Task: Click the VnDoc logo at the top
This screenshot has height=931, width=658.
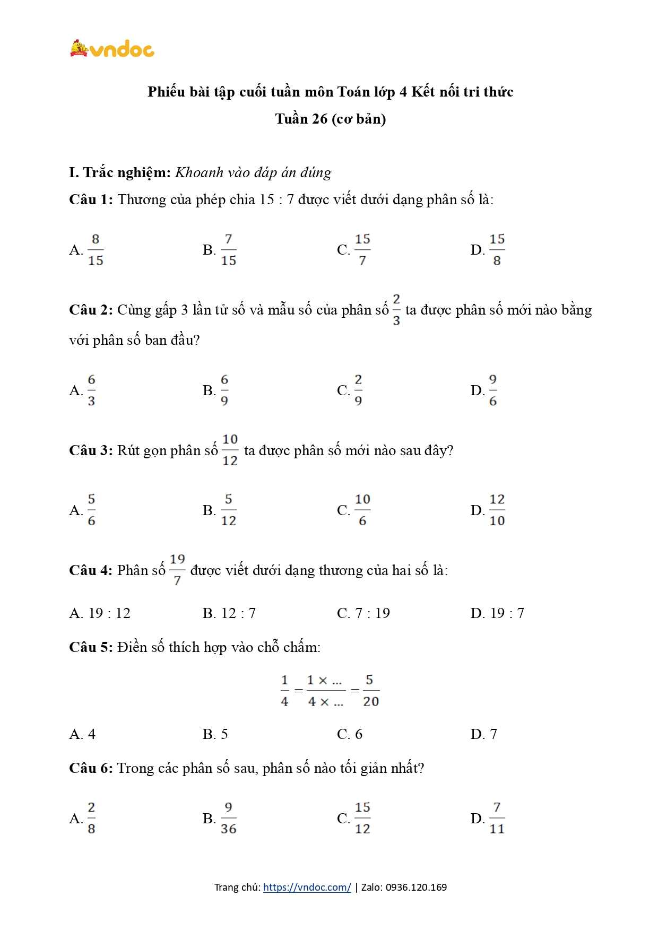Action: [x=112, y=49]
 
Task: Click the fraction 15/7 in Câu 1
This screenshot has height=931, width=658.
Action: [x=362, y=249]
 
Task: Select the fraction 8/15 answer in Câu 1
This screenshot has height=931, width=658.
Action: [x=96, y=249]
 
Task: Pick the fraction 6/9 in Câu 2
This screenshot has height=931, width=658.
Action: [x=224, y=390]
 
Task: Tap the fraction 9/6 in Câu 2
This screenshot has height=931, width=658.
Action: [x=493, y=390]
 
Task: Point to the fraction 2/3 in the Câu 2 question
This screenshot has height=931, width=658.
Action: [x=396, y=310]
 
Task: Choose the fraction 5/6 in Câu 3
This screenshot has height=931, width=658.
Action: [x=92, y=510]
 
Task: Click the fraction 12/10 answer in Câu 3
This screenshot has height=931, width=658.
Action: [x=497, y=510]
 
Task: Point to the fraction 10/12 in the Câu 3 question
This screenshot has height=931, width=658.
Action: [x=230, y=450]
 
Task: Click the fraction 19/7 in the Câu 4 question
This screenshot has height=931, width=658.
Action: [x=177, y=570]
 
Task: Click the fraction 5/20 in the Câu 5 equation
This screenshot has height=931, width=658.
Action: [x=370, y=691]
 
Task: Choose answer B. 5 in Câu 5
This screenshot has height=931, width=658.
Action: [x=215, y=734]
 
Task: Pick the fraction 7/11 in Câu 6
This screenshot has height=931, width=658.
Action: [x=497, y=818]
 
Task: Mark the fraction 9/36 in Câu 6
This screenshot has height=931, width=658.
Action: [x=228, y=818]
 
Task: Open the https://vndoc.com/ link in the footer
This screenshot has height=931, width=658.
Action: [x=307, y=888]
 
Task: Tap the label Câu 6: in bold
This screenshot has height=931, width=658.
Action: [x=91, y=768]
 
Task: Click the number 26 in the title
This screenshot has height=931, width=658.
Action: [x=319, y=119]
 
